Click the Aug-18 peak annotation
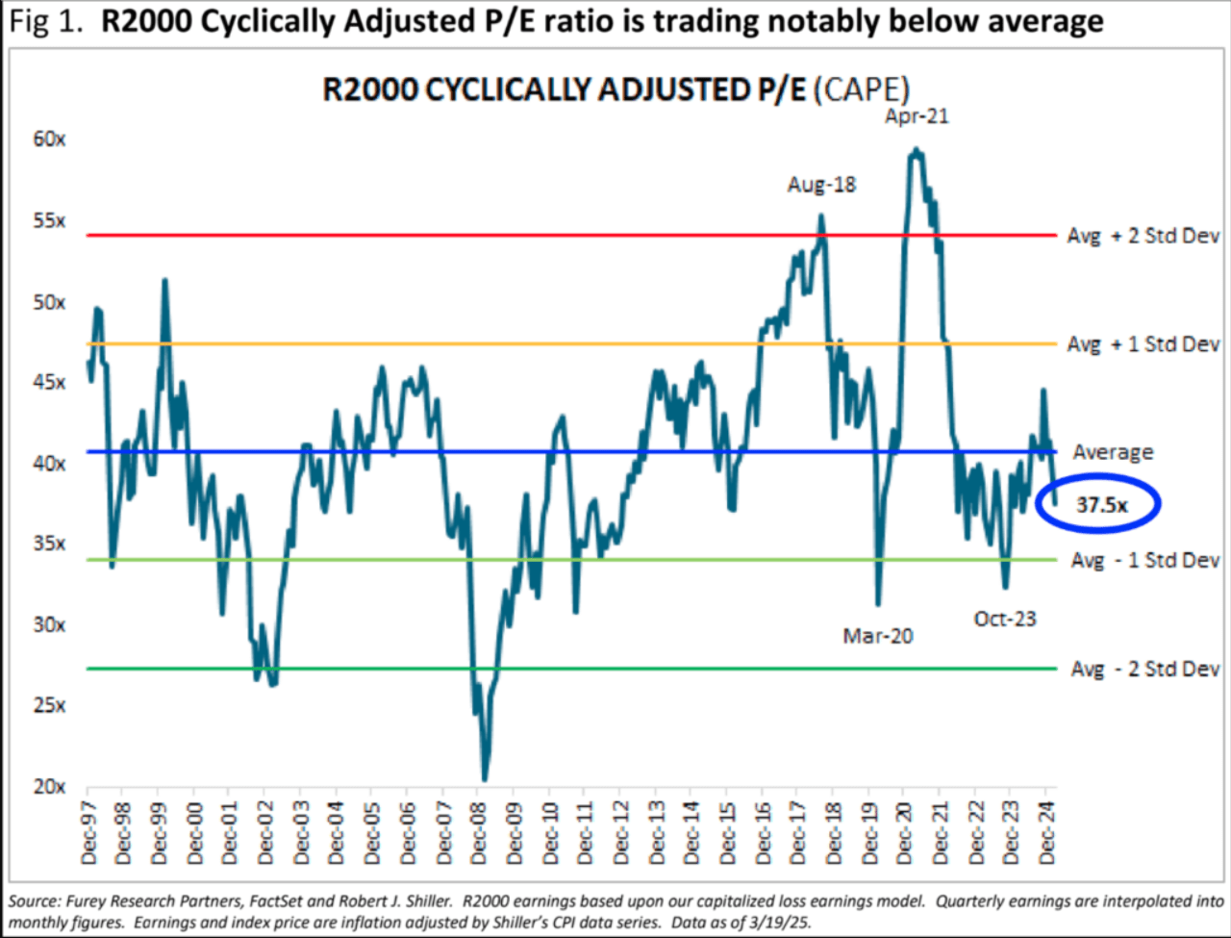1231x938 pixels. pyautogui.click(x=821, y=184)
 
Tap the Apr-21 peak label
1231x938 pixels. pyautogui.click(x=917, y=116)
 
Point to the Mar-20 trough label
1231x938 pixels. pyautogui.click(x=877, y=636)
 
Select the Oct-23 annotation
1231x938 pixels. pyautogui.click(x=1005, y=619)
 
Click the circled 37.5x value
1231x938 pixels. pyautogui.click(x=1100, y=503)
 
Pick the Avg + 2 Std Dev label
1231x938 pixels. pyautogui.click(x=1143, y=236)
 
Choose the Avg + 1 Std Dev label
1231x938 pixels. pyautogui.click(x=1143, y=344)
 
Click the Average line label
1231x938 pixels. pyautogui.click(x=1113, y=452)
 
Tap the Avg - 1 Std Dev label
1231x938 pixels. pyautogui.click(x=1144, y=560)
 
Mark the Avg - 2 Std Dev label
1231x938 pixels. pyautogui.click(x=1144, y=669)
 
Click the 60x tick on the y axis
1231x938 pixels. pyautogui.click(x=49, y=139)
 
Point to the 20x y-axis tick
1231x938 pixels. pyautogui.click(x=49, y=787)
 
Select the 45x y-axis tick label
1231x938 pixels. pyautogui.click(x=49, y=383)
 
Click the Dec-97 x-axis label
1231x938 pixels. pyautogui.click(x=88, y=833)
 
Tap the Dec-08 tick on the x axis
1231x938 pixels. pyautogui.click(x=479, y=833)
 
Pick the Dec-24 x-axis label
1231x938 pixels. pyautogui.click(x=1047, y=833)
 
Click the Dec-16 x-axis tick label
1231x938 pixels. pyautogui.click(x=764, y=833)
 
